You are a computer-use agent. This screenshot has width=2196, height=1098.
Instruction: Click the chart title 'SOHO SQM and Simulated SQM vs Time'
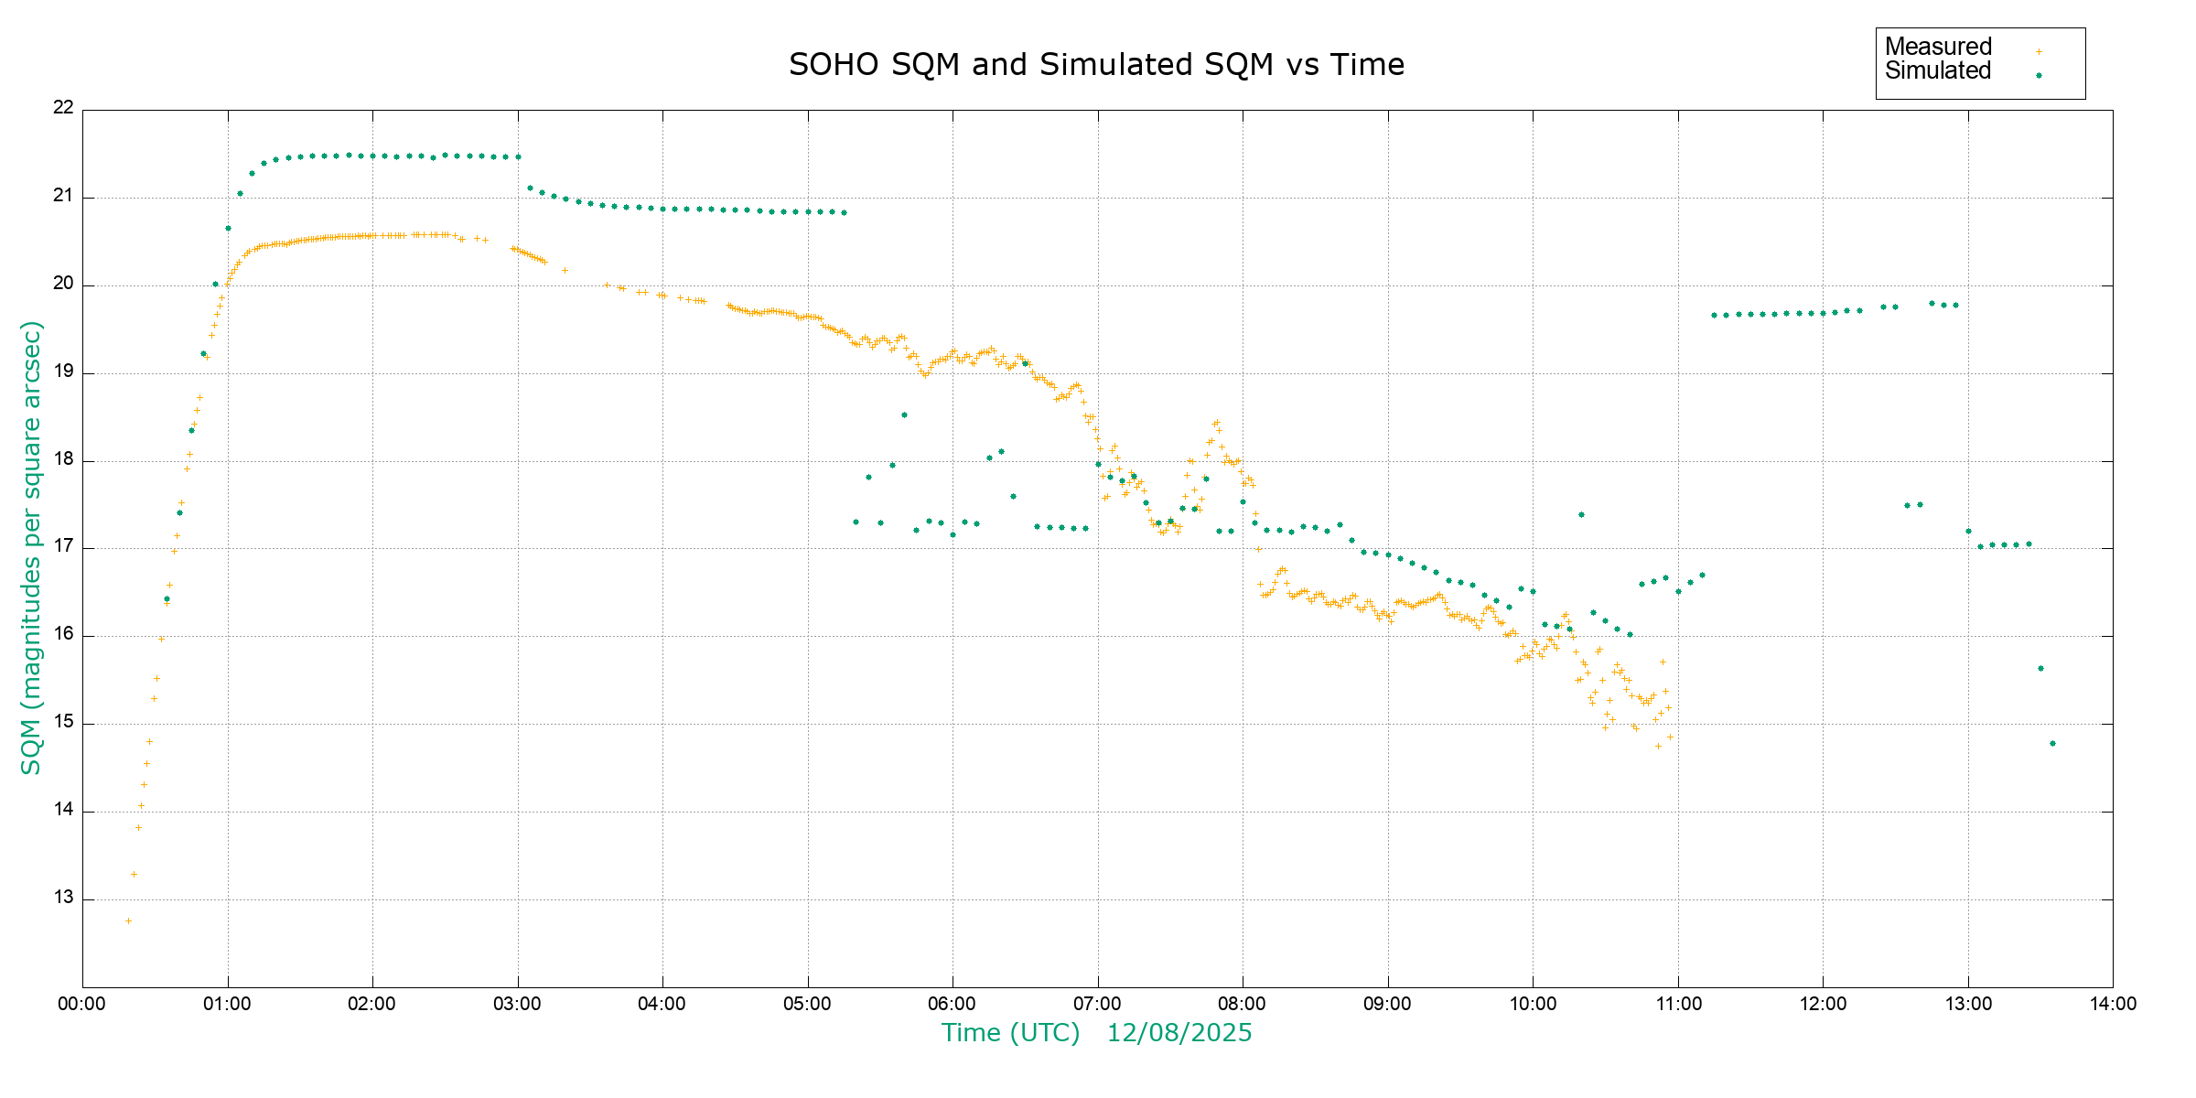[x=1096, y=65]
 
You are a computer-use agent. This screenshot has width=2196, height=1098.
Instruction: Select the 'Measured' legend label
[x=1938, y=47]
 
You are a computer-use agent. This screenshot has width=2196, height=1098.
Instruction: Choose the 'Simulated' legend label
[x=1938, y=70]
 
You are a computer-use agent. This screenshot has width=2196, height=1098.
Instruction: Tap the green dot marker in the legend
[x=2039, y=75]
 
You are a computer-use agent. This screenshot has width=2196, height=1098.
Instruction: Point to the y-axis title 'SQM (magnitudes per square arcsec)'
[x=31, y=547]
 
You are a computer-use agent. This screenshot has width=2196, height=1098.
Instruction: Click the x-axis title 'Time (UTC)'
[x=1010, y=1033]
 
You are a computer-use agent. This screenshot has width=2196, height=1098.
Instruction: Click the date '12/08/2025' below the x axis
[x=1179, y=1033]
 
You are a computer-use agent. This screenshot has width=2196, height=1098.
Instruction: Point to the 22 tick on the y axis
[x=63, y=107]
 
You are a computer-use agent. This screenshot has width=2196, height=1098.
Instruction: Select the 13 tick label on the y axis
[x=63, y=897]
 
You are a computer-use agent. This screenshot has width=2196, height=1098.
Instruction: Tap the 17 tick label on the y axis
[x=63, y=546]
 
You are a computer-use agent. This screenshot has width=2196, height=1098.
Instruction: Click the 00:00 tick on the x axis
[x=81, y=1004]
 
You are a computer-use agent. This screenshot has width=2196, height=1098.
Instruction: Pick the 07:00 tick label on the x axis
[x=1097, y=1004]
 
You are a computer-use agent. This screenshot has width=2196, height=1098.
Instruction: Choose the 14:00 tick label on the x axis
[x=2113, y=1004]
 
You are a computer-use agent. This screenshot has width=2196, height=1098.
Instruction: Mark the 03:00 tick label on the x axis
[x=517, y=1004]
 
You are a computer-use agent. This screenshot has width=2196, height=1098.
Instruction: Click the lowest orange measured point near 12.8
[x=128, y=920]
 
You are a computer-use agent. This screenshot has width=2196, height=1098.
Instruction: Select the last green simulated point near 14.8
[x=2052, y=743]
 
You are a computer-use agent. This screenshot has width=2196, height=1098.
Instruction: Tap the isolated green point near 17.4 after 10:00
[x=1581, y=514]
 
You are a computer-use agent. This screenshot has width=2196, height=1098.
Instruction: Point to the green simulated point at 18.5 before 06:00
[x=904, y=414]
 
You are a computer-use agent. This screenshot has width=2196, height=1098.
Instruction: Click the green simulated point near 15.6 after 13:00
[x=2040, y=668]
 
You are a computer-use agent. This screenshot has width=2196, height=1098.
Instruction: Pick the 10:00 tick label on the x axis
[x=1533, y=1004]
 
